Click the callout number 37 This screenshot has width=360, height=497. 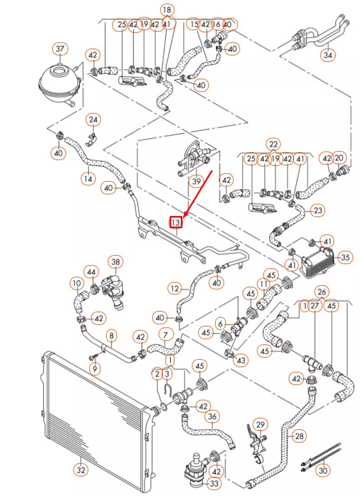coord(60,49)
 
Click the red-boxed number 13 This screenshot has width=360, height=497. coord(176,222)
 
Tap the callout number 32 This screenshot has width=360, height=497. coord(80,468)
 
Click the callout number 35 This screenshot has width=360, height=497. coord(345,258)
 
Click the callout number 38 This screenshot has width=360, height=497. coord(115,261)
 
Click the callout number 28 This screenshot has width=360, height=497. coord(299,436)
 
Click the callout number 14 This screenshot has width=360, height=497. coord(88,179)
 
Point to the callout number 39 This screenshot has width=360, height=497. coord(197,181)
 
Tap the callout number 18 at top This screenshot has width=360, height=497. coord(167,10)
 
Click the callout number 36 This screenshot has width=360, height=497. coord(212,417)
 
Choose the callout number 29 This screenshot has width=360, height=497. coord(260,424)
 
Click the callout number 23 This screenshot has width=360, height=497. coord(318,211)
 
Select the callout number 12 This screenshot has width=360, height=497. coord(175,288)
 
